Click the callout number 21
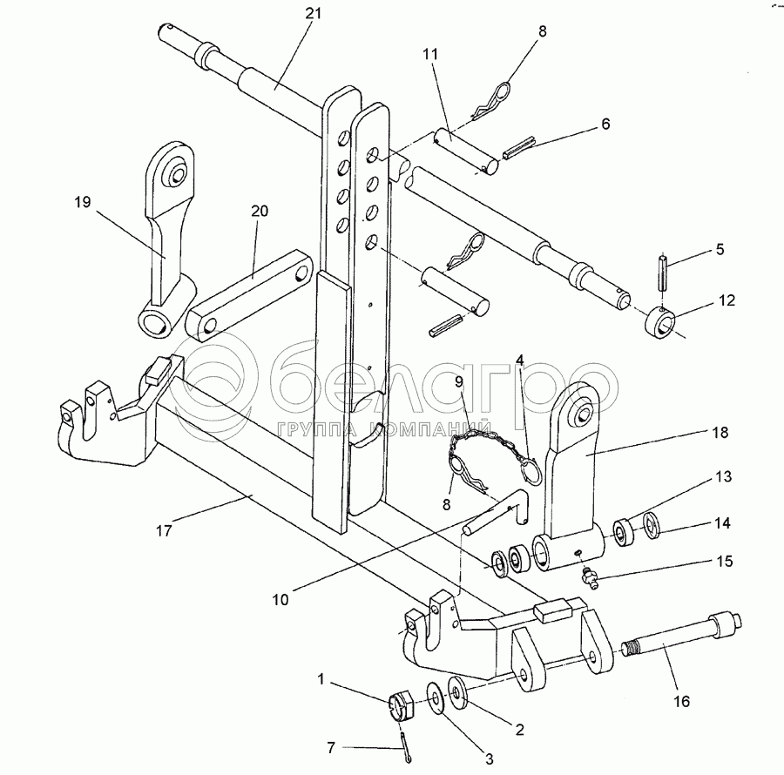(x=313, y=13)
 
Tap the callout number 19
(x=83, y=202)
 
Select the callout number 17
(x=164, y=530)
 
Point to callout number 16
(x=681, y=702)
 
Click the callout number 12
(x=727, y=300)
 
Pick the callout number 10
(x=280, y=600)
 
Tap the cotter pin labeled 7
(x=405, y=744)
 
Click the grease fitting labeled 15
(x=587, y=577)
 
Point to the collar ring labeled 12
(x=659, y=323)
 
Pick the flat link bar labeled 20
(x=249, y=295)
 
